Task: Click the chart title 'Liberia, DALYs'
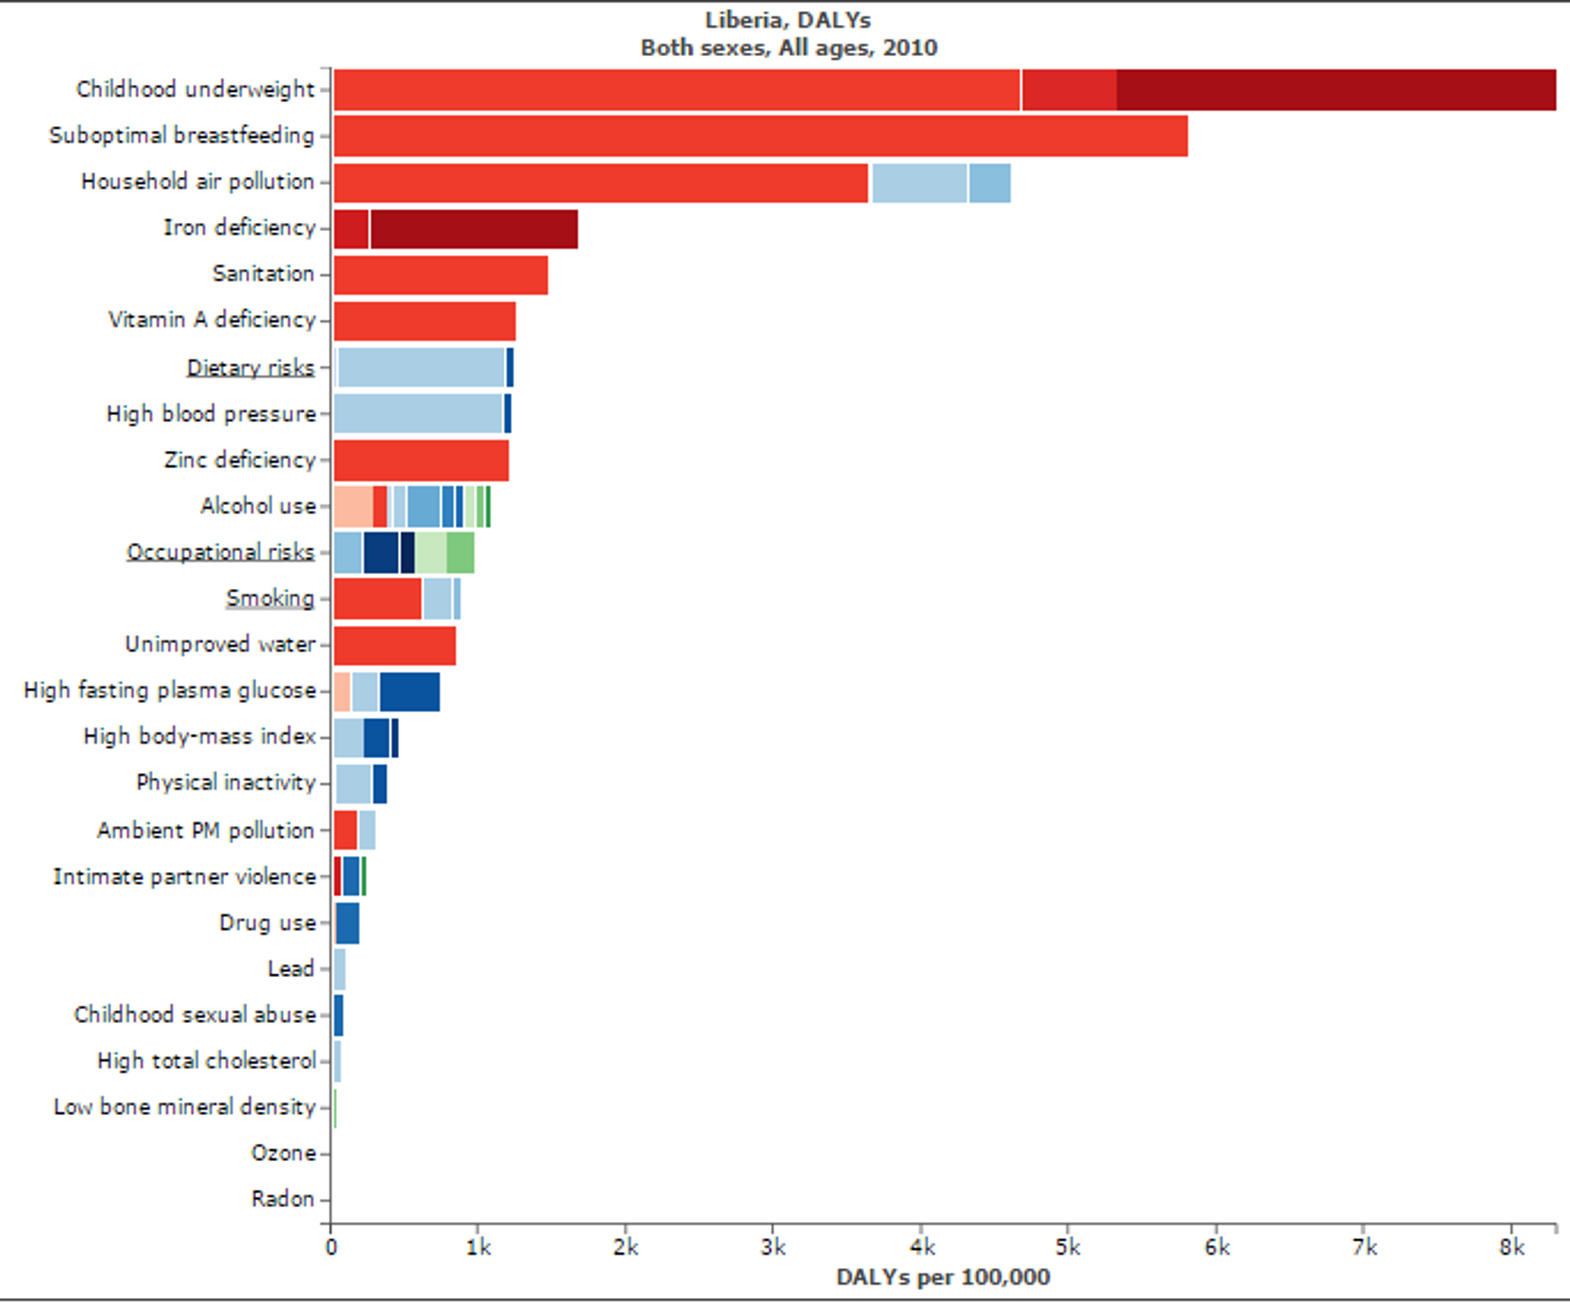click(x=788, y=20)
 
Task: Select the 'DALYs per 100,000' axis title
click(x=943, y=1277)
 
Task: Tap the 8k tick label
click(x=1512, y=1247)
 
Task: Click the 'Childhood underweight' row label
click(x=195, y=89)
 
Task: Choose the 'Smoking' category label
click(x=270, y=598)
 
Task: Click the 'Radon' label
click(x=283, y=1199)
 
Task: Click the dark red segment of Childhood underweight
click(x=1336, y=90)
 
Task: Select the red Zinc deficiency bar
click(x=421, y=460)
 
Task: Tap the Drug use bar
click(x=348, y=923)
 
